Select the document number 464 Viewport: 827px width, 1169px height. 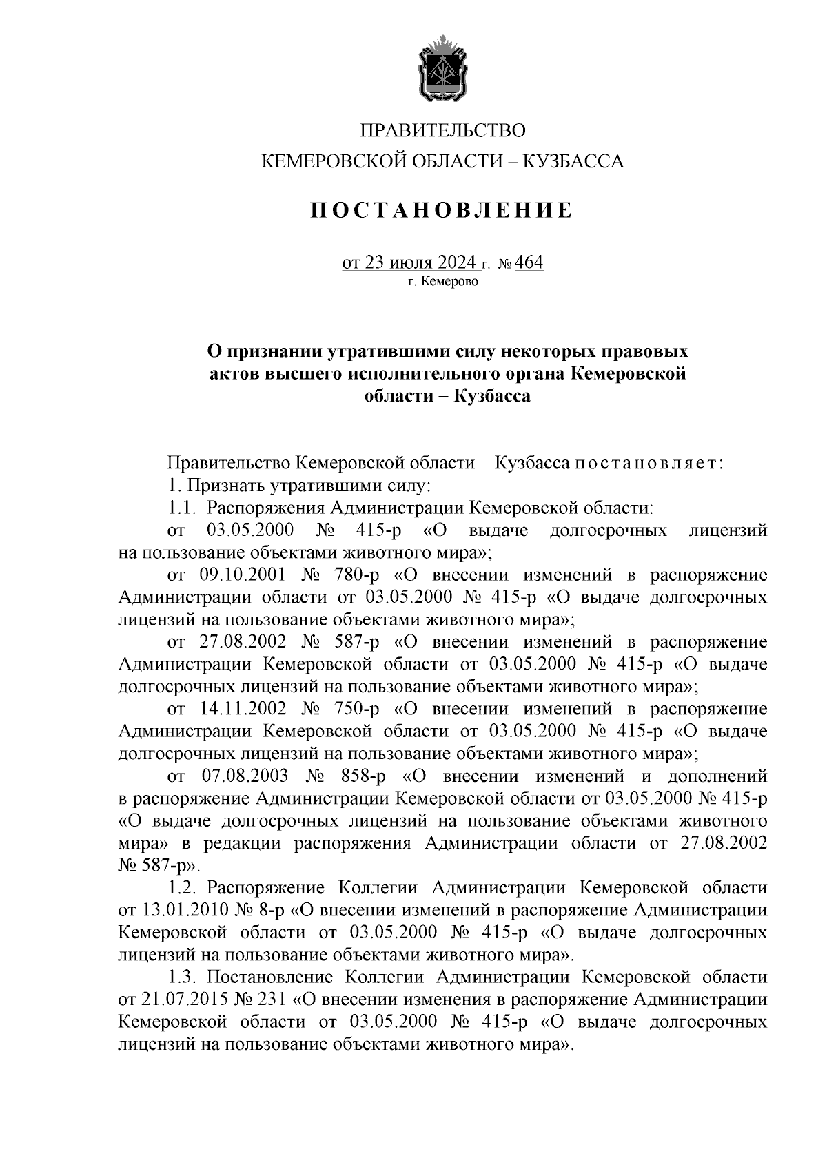[529, 262]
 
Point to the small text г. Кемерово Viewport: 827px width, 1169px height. [442, 281]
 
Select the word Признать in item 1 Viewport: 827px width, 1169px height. [222, 486]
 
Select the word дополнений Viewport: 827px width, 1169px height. [717, 776]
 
